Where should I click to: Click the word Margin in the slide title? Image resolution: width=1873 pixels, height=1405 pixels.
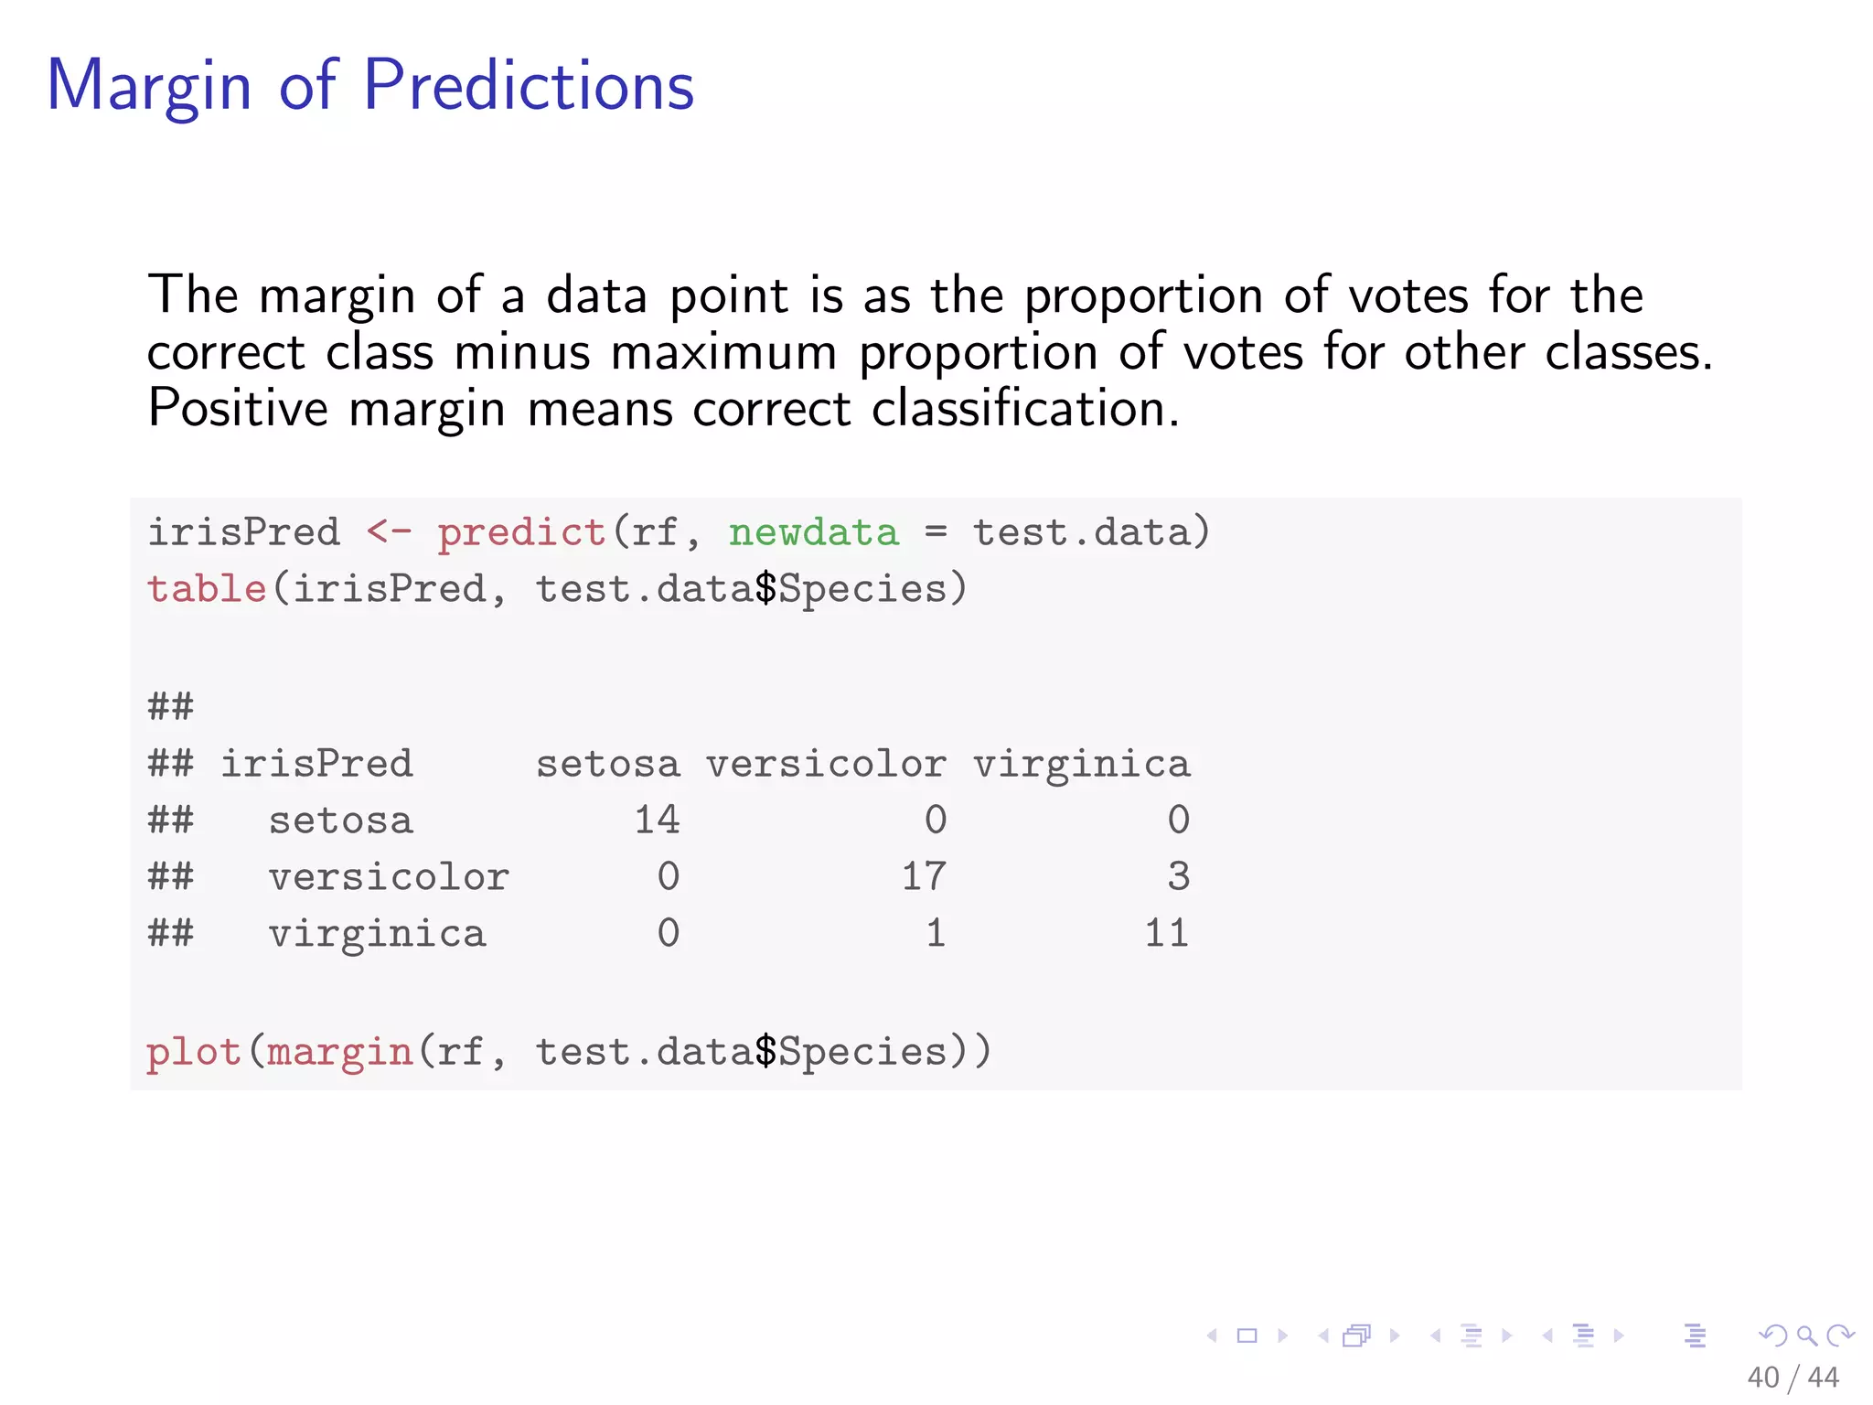coord(149,87)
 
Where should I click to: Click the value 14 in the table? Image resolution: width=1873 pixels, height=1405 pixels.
coord(657,820)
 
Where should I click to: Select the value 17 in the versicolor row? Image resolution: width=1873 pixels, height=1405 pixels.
coord(924,876)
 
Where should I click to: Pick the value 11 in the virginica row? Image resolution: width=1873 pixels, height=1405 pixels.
coord(1166,933)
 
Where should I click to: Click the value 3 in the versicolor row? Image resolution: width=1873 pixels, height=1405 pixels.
coord(1178,876)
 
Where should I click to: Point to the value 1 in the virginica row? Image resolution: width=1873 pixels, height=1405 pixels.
coord(935,933)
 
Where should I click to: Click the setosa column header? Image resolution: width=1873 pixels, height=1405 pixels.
coord(608,764)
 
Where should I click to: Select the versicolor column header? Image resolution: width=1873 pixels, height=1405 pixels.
coord(826,764)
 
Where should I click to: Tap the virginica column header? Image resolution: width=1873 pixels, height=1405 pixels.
coord(1081,764)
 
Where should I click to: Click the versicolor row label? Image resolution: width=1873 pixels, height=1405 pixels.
coord(389,877)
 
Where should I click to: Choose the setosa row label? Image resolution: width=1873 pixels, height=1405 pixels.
coord(340,820)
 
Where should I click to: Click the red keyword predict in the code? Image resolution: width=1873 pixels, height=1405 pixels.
coord(521,532)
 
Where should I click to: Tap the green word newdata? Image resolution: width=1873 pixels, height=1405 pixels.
coord(813,532)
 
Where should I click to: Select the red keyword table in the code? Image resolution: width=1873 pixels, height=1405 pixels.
coord(207,588)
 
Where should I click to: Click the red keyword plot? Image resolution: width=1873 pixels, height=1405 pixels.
coord(194,1052)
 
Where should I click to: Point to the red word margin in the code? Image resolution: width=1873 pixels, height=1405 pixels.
coord(339,1052)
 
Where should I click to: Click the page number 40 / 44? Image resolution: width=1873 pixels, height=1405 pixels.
coord(1793,1377)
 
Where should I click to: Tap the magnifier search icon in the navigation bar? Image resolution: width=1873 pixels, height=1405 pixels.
coord(1806,1335)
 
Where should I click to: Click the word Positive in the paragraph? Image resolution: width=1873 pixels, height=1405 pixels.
coord(238,408)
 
